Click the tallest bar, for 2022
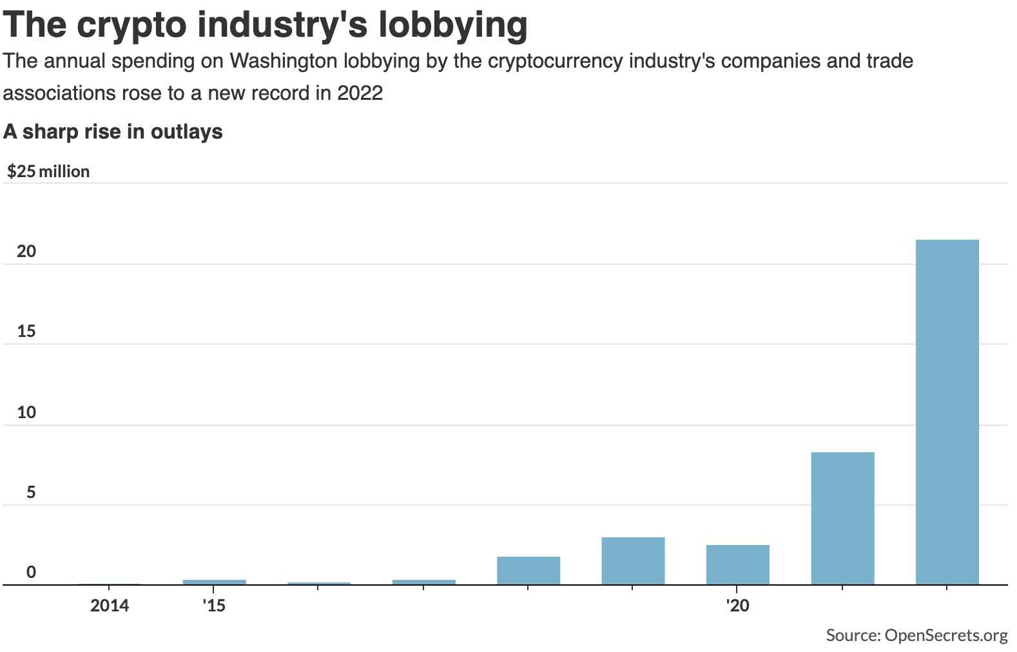(x=947, y=412)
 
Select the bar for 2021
(x=842, y=519)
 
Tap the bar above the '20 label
(x=737, y=565)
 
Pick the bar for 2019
(x=633, y=561)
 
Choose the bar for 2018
(x=528, y=571)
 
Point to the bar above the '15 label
(x=214, y=582)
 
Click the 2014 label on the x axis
(x=110, y=606)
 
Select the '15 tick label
(x=214, y=606)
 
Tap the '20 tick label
(x=737, y=606)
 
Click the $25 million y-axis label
(x=48, y=171)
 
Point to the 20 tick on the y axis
(x=26, y=251)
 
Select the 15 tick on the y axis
(x=26, y=332)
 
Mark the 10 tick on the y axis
(x=26, y=412)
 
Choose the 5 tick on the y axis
(x=31, y=493)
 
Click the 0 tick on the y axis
(x=31, y=572)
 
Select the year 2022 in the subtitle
(x=360, y=93)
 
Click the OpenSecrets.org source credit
(x=945, y=636)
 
